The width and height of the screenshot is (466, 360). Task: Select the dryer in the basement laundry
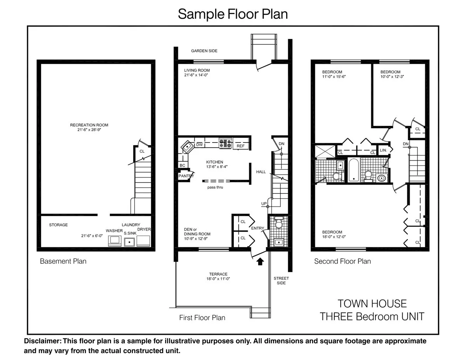(144, 240)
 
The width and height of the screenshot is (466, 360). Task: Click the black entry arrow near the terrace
(260, 262)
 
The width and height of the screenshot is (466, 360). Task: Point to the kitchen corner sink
(187, 146)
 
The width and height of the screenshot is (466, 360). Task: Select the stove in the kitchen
(225, 143)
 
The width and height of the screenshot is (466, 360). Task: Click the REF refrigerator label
(241, 146)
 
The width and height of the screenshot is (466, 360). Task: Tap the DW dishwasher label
(199, 145)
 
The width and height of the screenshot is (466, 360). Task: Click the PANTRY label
(186, 176)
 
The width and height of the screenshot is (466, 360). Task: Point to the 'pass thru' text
(215, 187)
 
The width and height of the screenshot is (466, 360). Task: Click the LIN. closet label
(383, 150)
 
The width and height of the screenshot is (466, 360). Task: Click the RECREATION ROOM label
(89, 125)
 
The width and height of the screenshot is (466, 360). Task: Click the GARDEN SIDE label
(204, 51)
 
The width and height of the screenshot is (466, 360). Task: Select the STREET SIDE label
(281, 280)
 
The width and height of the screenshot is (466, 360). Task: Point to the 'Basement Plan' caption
(63, 261)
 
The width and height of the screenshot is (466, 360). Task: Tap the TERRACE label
(218, 274)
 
